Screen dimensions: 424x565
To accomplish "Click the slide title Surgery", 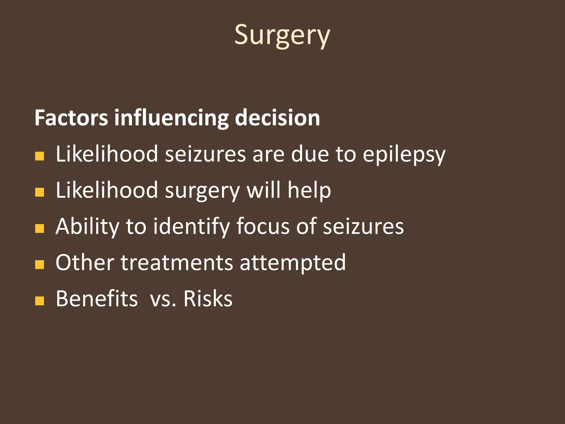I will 282,35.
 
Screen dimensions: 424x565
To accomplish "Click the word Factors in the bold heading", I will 71,118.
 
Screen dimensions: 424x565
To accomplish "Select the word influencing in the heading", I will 171,118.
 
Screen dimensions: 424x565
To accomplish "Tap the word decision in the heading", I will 277,118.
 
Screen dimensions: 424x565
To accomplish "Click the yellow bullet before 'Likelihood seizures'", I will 40,156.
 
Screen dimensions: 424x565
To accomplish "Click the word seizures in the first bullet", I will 205,154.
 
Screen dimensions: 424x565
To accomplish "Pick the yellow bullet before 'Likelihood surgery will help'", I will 40,192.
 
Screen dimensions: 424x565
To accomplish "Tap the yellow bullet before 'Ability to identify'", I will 40,229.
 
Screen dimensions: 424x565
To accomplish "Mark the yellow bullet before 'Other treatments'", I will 40,264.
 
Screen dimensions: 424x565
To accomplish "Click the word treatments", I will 177,263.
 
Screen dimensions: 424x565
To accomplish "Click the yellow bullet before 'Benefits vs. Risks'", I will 40,301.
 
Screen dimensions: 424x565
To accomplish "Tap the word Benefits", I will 97,299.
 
